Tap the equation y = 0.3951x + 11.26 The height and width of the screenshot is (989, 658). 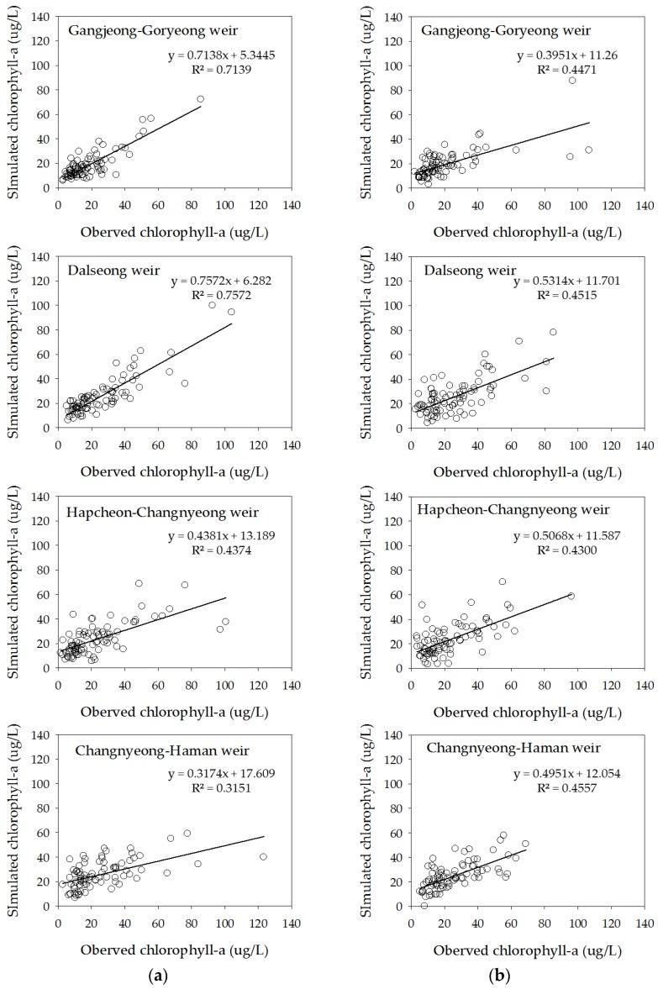[577, 56]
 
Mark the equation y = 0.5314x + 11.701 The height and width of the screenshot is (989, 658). [576, 281]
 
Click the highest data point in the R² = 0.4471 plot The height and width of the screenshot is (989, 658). [572, 80]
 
